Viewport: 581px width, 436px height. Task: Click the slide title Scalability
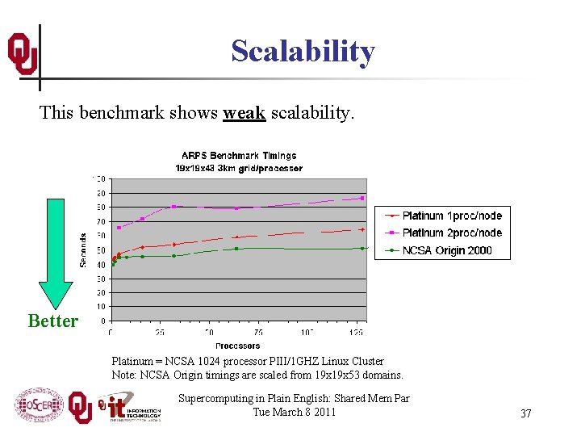[x=303, y=51]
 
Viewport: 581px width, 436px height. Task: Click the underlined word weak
[x=245, y=112]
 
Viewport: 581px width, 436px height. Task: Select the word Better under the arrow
[x=53, y=321]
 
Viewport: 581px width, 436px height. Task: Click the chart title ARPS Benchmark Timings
[x=239, y=155]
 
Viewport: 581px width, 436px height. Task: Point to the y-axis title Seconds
[x=83, y=249]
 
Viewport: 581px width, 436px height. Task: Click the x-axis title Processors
[x=238, y=346]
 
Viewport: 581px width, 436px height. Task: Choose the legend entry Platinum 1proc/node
[x=452, y=216]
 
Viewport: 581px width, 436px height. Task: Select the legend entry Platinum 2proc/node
[x=452, y=233]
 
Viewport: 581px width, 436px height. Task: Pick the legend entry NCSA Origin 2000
[x=446, y=250]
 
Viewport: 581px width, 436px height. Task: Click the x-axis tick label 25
[x=160, y=333]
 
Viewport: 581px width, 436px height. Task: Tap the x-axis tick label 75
[x=258, y=333]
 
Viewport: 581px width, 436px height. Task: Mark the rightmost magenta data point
[x=362, y=198]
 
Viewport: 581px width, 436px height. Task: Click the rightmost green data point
[x=362, y=248]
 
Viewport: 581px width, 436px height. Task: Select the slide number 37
[x=525, y=413]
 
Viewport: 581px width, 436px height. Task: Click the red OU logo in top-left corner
[x=22, y=54]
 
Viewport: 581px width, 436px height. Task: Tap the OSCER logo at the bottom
[x=38, y=405]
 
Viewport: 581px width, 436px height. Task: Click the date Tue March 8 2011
[x=294, y=413]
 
